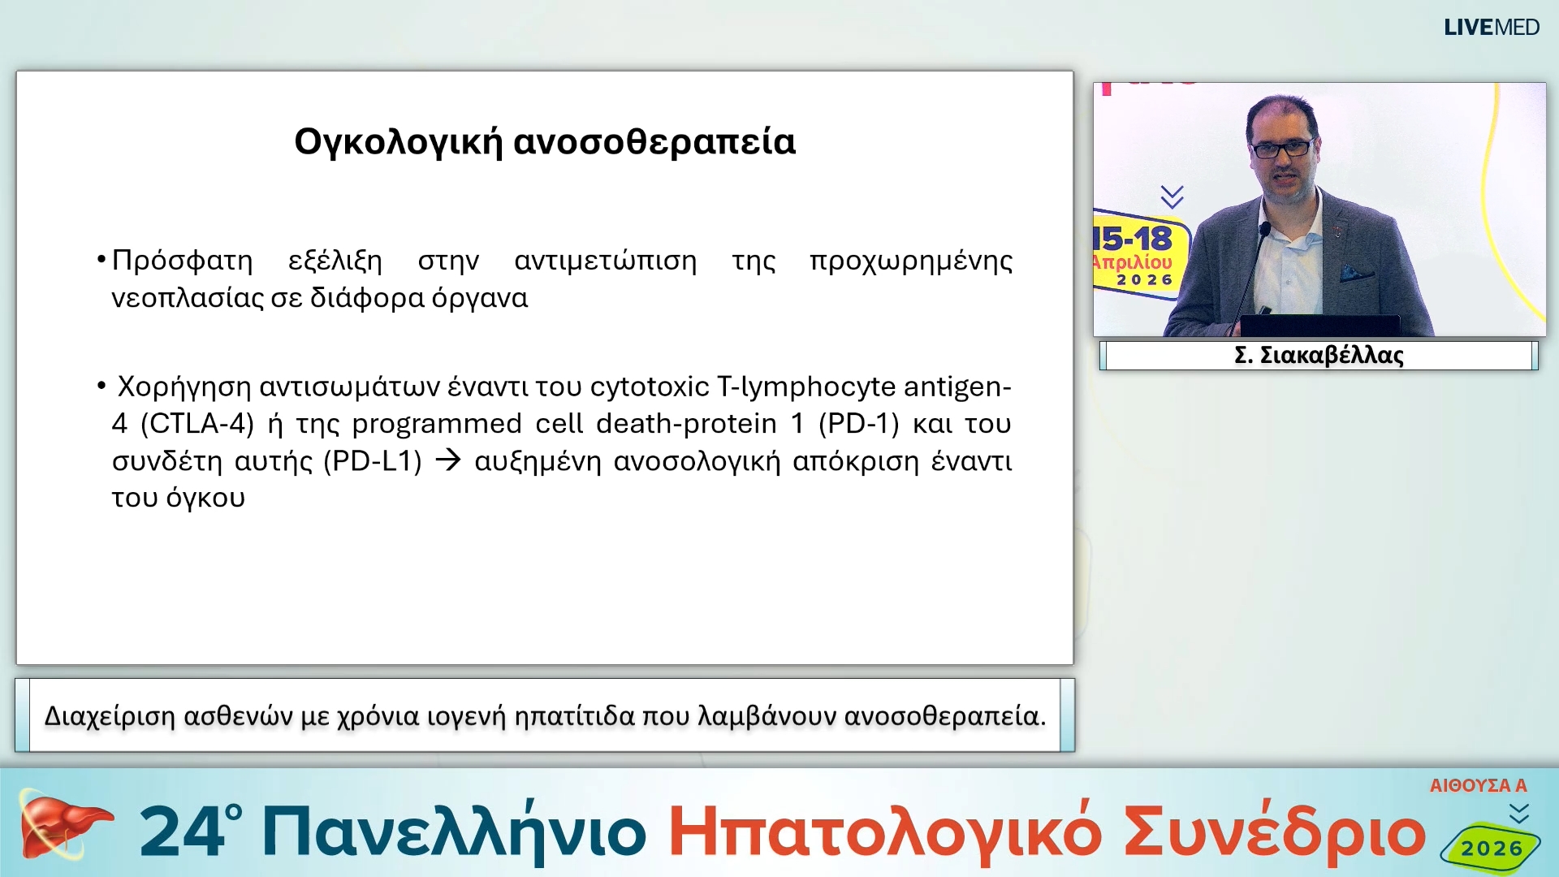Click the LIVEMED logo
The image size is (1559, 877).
coord(1491,28)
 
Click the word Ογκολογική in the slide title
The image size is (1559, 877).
coord(398,142)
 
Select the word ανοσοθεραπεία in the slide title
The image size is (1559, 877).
coord(654,142)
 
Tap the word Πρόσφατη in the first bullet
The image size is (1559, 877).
coord(182,261)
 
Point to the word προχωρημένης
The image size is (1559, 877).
coord(911,261)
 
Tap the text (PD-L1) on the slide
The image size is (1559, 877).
coord(373,461)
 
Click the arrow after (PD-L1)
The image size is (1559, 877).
coord(448,460)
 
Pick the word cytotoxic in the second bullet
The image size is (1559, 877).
coord(650,387)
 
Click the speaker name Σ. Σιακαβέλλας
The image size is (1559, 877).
coord(1319,356)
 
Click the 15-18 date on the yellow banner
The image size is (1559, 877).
coord(1134,239)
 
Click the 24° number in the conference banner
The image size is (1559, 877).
coord(190,832)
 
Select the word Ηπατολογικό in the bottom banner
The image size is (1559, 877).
coord(884,832)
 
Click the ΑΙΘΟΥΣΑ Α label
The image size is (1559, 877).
coord(1478,785)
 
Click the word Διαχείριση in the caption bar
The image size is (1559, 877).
coord(110,716)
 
